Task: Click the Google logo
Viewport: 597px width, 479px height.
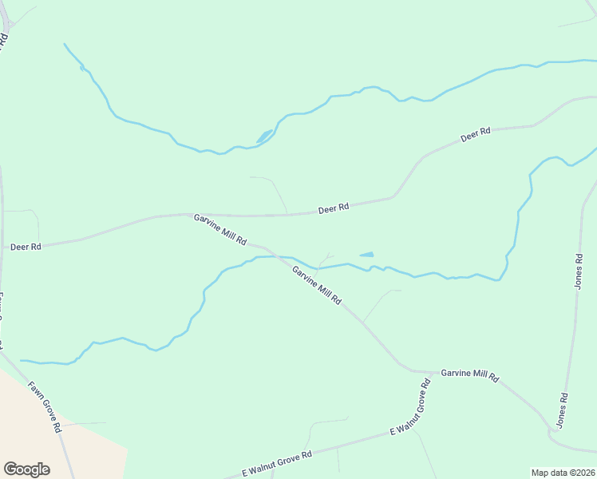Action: click(x=26, y=469)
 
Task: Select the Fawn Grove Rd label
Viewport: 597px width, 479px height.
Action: click(x=45, y=406)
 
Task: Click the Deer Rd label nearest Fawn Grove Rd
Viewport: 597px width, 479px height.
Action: click(x=26, y=247)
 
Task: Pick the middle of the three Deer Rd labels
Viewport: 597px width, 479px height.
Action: click(x=334, y=208)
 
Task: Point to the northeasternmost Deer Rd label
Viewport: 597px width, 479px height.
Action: click(x=475, y=135)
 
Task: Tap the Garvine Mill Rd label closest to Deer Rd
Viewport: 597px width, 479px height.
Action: click(x=219, y=229)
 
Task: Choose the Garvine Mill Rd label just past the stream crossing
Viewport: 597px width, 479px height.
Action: click(x=317, y=286)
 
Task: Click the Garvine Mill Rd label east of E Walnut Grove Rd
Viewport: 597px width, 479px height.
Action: click(x=469, y=374)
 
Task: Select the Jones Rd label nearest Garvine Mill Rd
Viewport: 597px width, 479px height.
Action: click(x=563, y=408)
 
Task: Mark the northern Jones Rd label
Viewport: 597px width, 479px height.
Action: click(x=579, y=271)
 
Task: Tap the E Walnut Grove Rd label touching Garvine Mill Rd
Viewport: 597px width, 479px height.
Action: click(x=410, y=406)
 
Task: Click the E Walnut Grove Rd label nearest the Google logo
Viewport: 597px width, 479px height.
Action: click(x=277, y=464)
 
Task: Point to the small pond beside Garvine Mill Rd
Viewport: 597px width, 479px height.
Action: click(x=366, y=255)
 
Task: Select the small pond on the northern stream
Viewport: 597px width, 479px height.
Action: click(x=264, y=136)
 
